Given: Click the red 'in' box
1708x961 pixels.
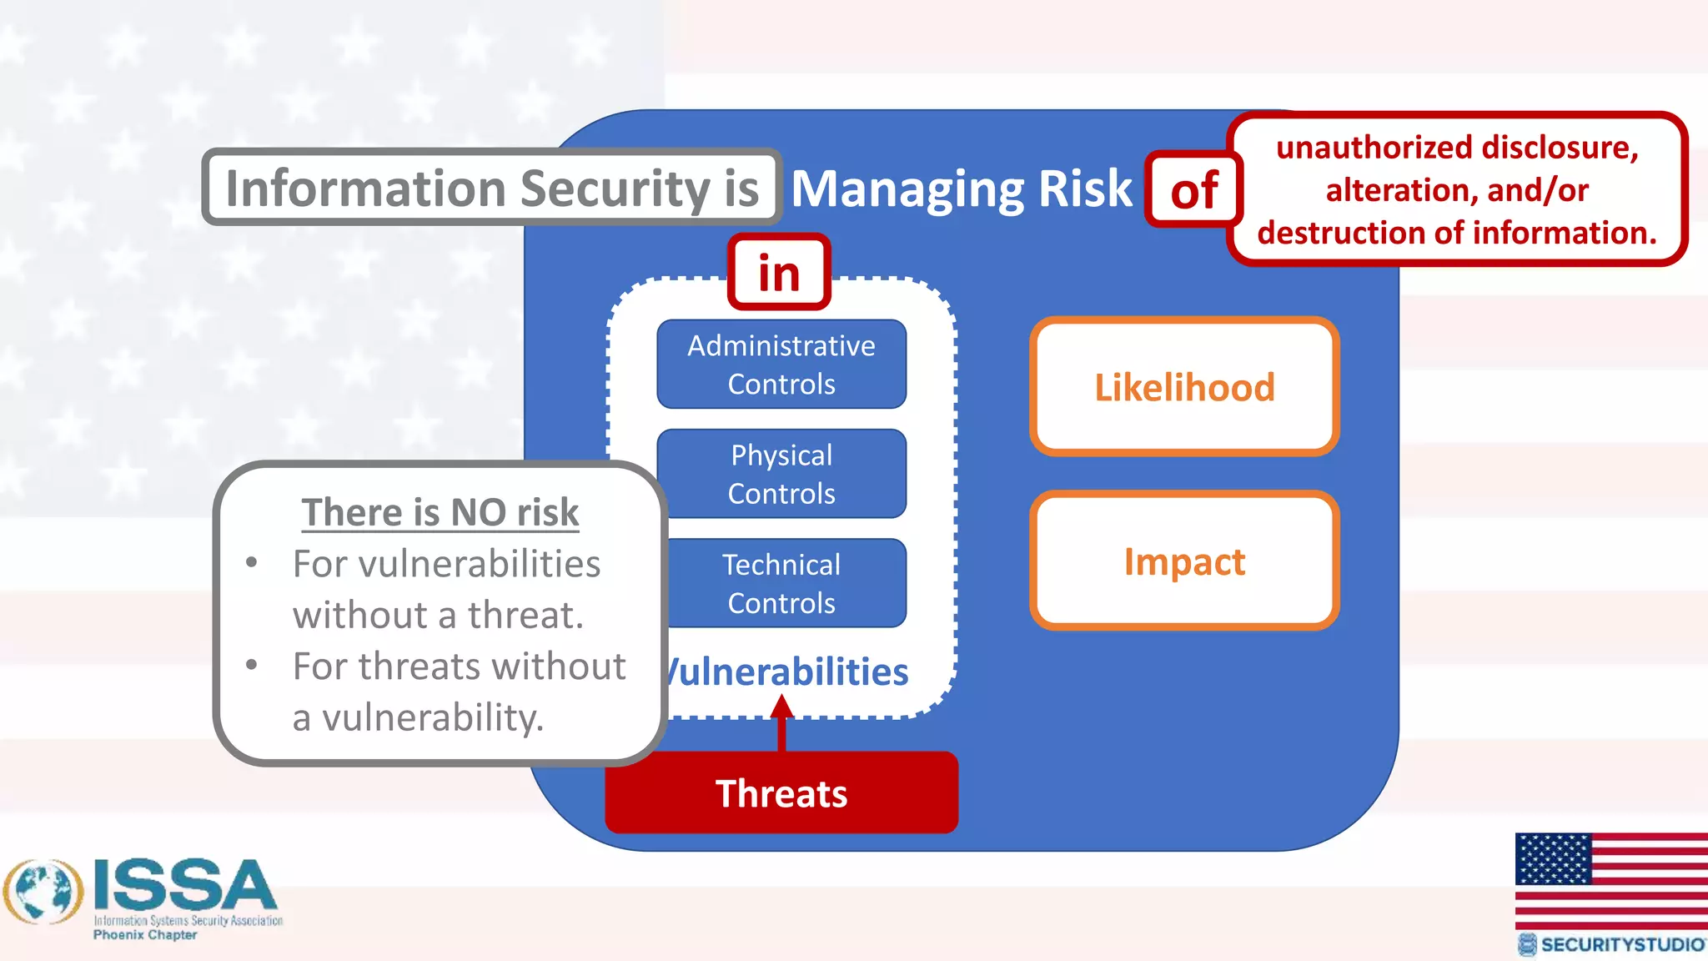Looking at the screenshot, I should [x=779, y=273].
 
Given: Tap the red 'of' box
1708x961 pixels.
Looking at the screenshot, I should [x=1193, y=190].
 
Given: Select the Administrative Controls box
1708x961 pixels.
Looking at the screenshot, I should [x=781, y=365].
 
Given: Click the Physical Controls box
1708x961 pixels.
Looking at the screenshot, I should [x=781, y=474].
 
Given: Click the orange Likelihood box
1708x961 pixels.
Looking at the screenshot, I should [x=1184, y=387].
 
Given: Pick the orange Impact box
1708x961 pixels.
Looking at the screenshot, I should [x=1184, y=561].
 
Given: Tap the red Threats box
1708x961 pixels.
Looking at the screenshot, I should [x=781, y=792].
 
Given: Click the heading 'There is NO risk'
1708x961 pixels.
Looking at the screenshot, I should [x=440, y=512].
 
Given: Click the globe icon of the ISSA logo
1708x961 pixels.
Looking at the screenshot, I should [x=43, y=892].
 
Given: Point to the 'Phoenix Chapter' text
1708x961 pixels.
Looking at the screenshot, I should [x=145, y=935].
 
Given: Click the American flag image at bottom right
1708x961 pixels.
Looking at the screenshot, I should [x=1610, y=879].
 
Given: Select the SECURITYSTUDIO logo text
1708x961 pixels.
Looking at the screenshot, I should [x=1620, y=944].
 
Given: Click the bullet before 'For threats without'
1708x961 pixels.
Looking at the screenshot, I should [x=252, y=666].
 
